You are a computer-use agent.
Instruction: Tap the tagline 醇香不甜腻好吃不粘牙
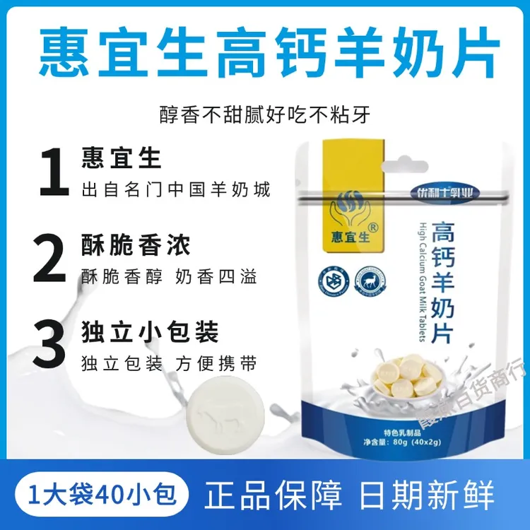coord(264,114)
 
